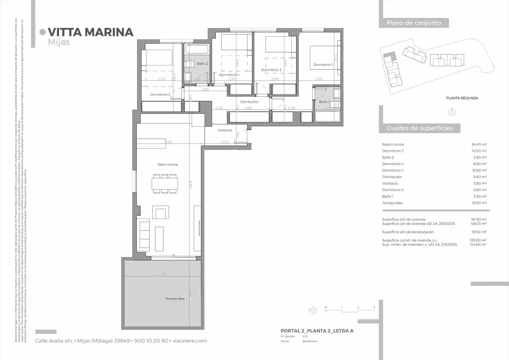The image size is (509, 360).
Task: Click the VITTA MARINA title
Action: pos(90,32)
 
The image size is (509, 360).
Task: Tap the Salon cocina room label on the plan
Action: pos(167,165)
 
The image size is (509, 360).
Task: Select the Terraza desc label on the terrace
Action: pos(175,299)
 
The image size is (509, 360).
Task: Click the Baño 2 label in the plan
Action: pos(202,64)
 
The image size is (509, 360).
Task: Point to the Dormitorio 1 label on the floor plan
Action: pos(323,65)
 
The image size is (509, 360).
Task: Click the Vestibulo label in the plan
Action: pos(225,130)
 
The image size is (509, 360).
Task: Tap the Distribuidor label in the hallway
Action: pos(249,102)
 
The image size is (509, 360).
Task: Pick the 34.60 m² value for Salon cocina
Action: pos(479,145)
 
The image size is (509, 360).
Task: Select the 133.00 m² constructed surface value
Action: pos(478,240)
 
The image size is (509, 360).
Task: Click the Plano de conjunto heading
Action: pos(414,23)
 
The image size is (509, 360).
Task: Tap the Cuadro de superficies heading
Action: pos(419,128)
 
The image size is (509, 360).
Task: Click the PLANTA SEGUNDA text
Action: pos(462,98)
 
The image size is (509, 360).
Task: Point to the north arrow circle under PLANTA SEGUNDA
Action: pos(452,112)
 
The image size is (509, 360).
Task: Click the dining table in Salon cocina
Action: pos(164,184)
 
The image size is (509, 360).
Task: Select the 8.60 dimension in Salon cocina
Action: pos(190,185)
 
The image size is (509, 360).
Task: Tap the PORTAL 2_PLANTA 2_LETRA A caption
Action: pos(317,331)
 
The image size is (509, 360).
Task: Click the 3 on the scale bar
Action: pos(374,307)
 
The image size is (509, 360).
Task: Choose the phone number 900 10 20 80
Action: pos(151,341)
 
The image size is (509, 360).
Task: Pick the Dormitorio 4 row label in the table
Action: pos(393,164)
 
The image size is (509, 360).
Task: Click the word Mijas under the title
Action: pos(59,42)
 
